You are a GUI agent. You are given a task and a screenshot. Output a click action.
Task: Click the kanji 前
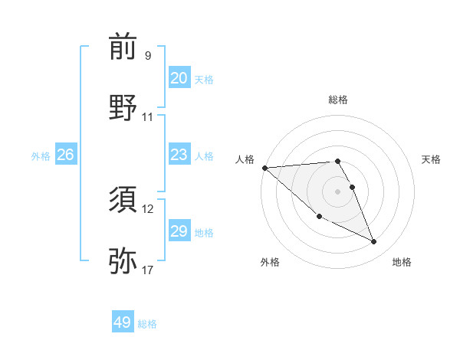point(123,47)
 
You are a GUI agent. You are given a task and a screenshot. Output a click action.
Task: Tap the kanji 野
point(123,108)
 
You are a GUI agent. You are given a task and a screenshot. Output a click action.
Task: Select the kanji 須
point(123,201)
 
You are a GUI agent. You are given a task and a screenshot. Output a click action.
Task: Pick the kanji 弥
point(123,261)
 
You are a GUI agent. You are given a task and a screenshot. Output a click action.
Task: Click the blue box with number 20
point(179,78)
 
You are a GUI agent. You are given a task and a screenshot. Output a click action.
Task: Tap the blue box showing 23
point(179,155)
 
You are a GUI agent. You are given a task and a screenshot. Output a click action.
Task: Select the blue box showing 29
point(179,231)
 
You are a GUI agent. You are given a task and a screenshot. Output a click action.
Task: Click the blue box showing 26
point(65,155)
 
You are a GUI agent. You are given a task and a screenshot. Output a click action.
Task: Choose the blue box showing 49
point(123,322)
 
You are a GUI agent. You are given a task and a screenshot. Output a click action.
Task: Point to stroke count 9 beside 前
point(148,56)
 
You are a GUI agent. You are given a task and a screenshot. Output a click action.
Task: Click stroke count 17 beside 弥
point(148,270)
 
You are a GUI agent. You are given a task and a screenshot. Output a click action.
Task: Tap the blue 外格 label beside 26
point(41,155)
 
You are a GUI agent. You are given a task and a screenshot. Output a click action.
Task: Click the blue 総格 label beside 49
point(147,323)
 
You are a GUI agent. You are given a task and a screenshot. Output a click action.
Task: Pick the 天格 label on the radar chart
point(431,159)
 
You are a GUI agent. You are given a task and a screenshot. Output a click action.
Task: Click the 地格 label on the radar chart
point(402,262)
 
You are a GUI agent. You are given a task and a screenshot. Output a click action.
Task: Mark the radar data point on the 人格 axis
point(264,167)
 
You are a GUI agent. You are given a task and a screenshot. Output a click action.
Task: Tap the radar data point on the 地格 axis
point(374,242)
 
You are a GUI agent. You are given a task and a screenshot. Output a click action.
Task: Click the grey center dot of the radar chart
point(338,191)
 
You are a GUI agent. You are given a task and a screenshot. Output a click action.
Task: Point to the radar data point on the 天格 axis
point(353,186)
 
